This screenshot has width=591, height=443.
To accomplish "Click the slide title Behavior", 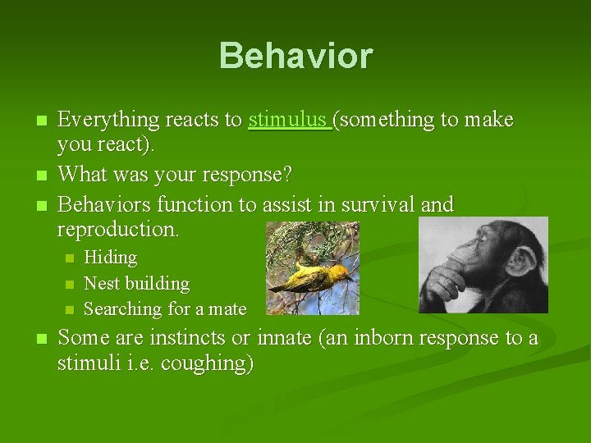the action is [x=295, y=56].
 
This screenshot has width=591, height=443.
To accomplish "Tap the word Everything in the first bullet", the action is [x=108, y=120].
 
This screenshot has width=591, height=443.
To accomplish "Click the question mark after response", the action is [x=287, y=174].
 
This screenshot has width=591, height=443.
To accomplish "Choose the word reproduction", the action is [x=118, y=230].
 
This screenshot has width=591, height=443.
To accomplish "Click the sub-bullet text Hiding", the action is [x=111, y=258].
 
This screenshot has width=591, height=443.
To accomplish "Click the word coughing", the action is [x=207, y=363].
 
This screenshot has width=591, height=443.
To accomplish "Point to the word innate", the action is [x=285, y=337].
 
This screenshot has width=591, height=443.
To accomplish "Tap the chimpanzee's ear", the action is [x=522, y=261].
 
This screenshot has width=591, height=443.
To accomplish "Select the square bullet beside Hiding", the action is [x=69, y=258].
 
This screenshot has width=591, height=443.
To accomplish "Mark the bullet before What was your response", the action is [x=42, y=176].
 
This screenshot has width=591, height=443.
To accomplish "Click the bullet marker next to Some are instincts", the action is [x=42, y=338].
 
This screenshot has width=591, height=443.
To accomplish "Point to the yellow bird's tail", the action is [x=278, y=288].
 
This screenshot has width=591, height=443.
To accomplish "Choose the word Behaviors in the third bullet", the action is [x=104, y=204].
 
